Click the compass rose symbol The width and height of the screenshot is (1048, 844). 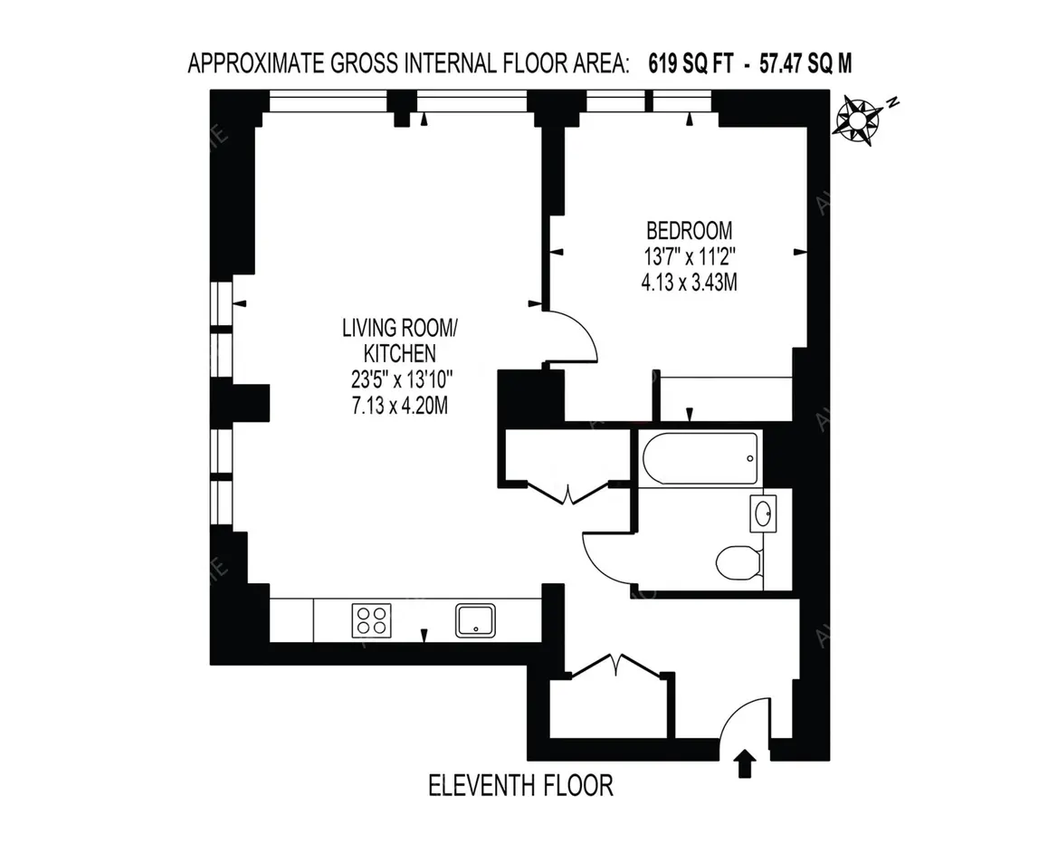857,121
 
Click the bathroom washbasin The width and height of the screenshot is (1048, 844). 763,513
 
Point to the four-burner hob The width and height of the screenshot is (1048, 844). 372,620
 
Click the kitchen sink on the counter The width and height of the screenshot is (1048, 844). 475,620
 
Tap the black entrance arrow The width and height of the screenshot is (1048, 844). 745,763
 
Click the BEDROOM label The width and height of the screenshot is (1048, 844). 689,231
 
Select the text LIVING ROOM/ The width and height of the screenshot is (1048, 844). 400,329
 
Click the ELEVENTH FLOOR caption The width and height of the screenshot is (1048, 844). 520,786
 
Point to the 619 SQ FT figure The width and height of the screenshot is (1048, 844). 691,63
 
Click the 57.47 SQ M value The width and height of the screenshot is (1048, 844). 805,63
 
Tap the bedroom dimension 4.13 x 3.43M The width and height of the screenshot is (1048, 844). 689,283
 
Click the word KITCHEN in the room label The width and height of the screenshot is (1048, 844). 400,354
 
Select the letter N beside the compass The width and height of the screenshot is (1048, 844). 892,102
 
